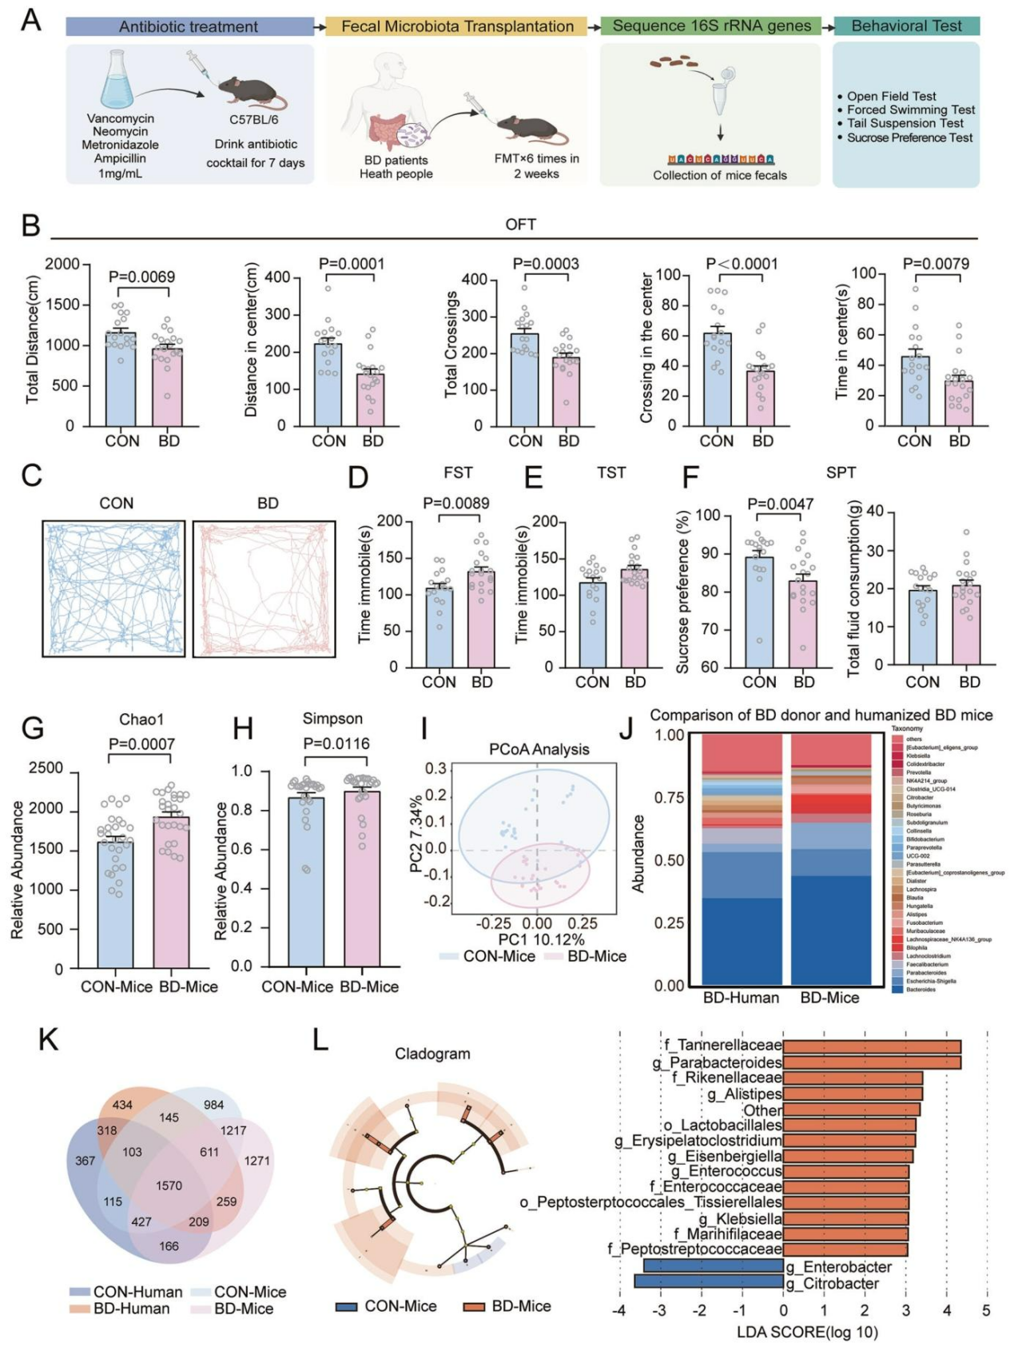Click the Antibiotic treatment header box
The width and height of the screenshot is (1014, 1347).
coord(189,26)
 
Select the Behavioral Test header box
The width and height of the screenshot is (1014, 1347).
coord(906,26)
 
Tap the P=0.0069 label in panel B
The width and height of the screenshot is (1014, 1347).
coord(141,277)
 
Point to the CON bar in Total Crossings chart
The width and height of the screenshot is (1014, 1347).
coord(525,379)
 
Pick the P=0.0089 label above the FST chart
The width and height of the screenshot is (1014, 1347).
coord(455,503)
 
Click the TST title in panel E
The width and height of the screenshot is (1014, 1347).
coord(611,472)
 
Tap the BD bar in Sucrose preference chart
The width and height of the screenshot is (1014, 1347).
coord(803,624)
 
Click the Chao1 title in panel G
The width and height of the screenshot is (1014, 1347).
coord(141,719)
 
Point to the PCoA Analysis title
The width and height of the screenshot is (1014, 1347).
coord(539,749)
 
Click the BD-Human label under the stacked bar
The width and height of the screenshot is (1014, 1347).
coord(741,998)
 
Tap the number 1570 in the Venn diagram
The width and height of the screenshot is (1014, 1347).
coord(169,1186)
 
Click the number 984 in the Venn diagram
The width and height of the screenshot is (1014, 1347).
coord(213,1105)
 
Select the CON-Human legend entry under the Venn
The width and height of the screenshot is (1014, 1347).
coord(128,1292)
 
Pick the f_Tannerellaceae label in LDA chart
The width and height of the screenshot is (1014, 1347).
coord(723,1045)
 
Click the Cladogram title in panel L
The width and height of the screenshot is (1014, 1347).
coord(432,1054)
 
